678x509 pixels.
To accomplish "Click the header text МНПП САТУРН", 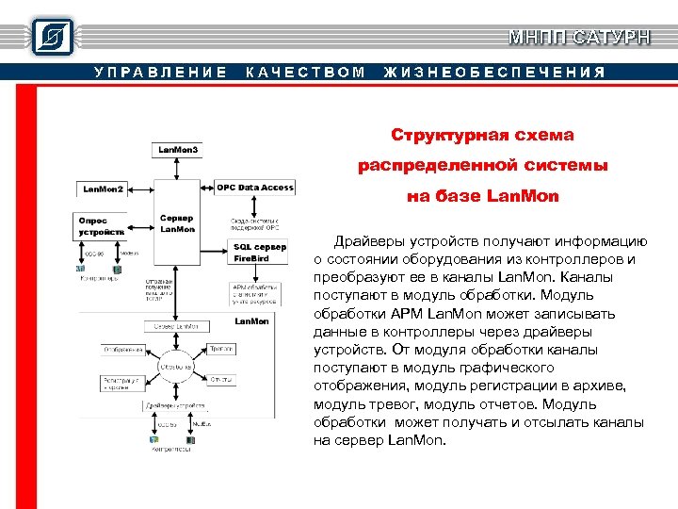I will (x=578, y=38).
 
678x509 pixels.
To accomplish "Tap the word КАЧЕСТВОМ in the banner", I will (x=305, y=73).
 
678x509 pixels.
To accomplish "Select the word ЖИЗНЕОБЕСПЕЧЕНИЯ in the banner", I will (x=494, y=73).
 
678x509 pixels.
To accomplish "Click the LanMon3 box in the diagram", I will (x=178, y=150).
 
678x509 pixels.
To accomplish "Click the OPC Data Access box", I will (x=255, y=188).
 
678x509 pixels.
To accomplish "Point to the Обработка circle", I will (x=176, y=366).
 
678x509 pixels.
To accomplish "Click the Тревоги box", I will (x=222, y=349).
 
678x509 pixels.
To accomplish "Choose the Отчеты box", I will (x=222, y=380).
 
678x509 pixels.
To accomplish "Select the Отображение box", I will (x=123, y=350).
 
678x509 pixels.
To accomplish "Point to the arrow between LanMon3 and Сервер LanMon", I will (x=178, y=169).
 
